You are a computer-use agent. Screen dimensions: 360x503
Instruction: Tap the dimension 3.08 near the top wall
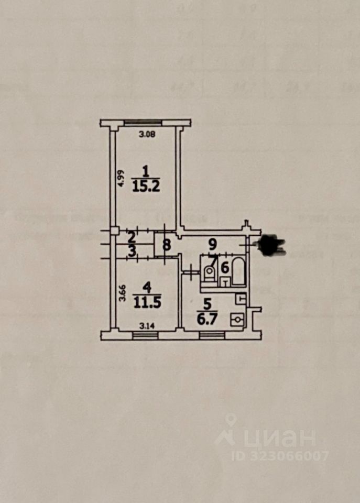[147, 134]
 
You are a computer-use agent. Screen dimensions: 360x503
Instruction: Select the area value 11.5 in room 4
[146, 302]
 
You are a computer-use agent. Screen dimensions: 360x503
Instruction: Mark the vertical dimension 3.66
[120, 292]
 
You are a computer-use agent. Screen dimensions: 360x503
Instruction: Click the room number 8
[166, 244]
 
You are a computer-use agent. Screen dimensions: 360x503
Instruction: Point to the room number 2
[132, 237]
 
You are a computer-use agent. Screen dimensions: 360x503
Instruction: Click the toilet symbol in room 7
[209, 272]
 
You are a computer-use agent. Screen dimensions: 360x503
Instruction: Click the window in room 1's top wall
[143, 123]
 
